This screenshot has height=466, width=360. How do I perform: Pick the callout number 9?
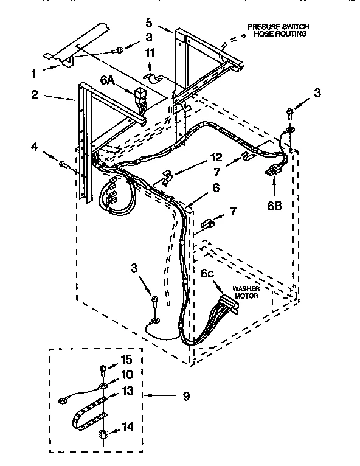tap(186, 396)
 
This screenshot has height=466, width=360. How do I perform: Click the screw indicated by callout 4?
tap(63, 163)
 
